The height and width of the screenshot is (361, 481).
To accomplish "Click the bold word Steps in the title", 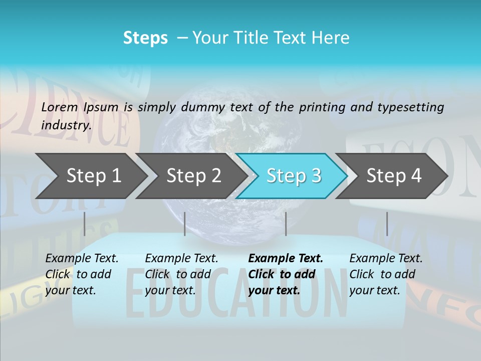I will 145,38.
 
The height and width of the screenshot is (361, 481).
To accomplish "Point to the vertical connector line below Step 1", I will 84,224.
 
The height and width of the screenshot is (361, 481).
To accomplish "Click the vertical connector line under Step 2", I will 185,224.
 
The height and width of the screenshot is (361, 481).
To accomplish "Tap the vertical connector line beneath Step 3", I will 286,224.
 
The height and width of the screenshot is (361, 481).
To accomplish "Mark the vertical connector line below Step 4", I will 387,224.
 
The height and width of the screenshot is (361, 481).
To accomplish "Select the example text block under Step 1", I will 82,274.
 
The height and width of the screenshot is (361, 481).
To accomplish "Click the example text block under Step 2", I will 181,274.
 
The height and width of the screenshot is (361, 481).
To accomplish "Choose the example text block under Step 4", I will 386,274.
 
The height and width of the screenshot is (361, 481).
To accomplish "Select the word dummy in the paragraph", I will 205,107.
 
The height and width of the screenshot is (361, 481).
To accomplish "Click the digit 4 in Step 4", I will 415,176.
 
